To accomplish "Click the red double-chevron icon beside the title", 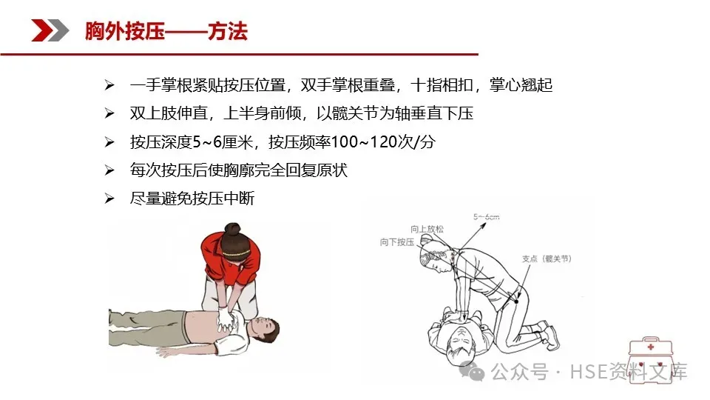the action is coord(50,30).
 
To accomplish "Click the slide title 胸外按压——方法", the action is coord(166,31).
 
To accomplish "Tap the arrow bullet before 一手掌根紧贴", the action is coord(109,84).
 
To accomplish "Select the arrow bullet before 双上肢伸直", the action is coord(109,113).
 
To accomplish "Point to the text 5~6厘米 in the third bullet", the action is coord(223,142).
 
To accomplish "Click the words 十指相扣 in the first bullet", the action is coord(442,84).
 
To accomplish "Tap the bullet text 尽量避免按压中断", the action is coord(192,199).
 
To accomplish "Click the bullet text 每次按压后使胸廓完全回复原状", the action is coord(239,170).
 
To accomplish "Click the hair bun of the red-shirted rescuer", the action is coord(233,230).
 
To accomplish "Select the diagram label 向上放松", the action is coord(427,229).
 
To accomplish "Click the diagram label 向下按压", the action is coord(397,242).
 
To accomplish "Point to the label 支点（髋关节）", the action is coord(547,259).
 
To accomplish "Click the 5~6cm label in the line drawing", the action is coord(487,217).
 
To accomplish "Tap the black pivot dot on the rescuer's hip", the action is coord(516,301).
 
